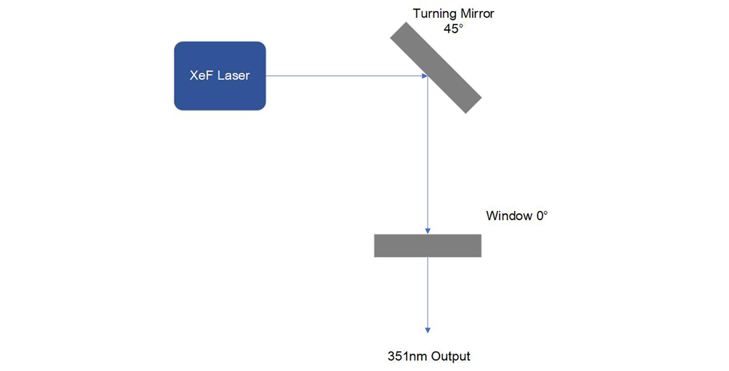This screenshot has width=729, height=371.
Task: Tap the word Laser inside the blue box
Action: [233, 76]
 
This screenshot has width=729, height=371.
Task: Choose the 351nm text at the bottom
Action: [407, 356]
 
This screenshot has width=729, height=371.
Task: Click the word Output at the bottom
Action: [451, 356]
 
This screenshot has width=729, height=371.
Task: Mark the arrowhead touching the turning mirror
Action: [425, 76]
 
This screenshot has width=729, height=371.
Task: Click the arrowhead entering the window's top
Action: [428, 231]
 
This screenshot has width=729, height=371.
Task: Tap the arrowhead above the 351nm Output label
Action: [428, 330]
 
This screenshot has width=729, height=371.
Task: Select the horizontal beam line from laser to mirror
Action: [344, 76]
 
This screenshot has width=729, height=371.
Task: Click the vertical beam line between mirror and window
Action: [428, 154]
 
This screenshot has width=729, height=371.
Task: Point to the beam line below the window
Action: [428, 291]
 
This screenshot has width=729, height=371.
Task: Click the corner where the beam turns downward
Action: [428, 76]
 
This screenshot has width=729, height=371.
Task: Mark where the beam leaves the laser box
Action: [266, 76]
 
